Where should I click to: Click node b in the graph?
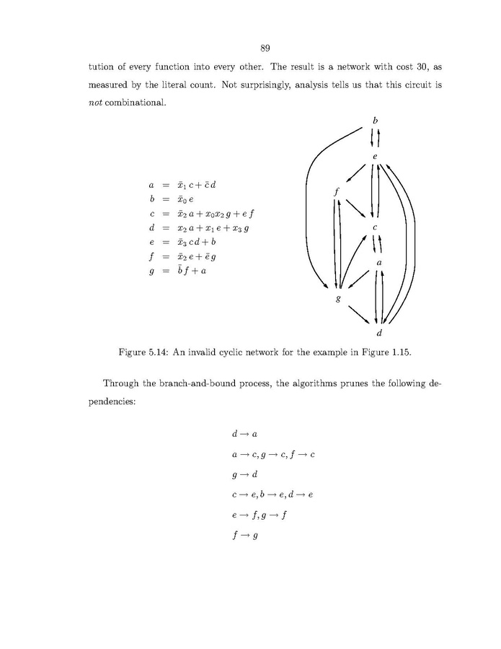coord(375,119)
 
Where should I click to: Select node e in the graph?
coord(375,157)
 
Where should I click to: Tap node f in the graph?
coord(337,192)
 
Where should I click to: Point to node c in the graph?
coord(375,227)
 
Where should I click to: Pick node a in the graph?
coord(378,262)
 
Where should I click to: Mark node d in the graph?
coord(379,333)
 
